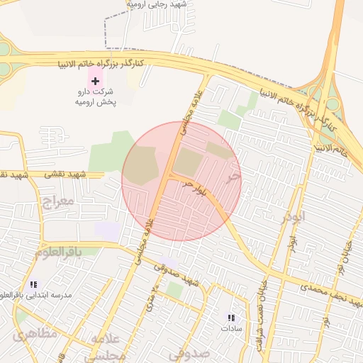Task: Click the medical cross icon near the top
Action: (96, 82)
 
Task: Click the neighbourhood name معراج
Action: (57, 201)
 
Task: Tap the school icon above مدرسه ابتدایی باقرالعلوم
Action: (33, 284)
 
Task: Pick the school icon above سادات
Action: (230, 317)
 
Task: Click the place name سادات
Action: (230, 328)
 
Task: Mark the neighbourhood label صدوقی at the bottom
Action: (189, 352)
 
